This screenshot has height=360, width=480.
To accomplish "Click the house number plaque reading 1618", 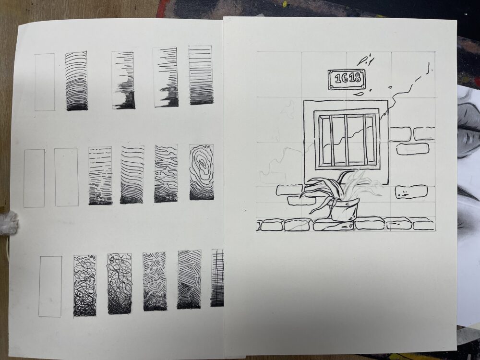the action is coord(347,79).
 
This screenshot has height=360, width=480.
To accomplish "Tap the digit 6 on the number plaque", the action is coord(344,78).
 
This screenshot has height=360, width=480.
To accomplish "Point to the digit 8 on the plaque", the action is coord(357,78).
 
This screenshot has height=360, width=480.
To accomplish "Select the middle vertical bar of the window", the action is coord(347,140).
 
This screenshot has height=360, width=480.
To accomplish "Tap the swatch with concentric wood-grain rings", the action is coord(202,172).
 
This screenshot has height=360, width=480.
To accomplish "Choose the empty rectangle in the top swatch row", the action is coord(45,82).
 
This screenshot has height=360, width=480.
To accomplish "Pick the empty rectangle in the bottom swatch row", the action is coord(50,286).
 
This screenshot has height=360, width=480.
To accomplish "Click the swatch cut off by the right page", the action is coord(217,278).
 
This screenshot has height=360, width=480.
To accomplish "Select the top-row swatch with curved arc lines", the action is coord(76,81).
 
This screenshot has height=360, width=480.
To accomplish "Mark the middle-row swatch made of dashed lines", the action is coord(100,175).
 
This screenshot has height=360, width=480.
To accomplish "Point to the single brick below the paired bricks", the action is coord(413,149).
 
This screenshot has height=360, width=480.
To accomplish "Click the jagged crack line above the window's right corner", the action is coord(405,92).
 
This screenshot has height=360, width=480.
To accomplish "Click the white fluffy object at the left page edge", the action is coord(9,223).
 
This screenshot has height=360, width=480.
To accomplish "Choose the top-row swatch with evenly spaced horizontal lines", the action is coord(201,75).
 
